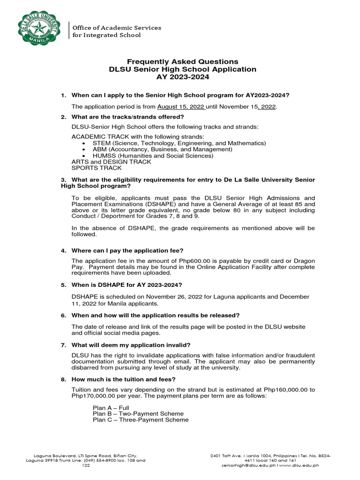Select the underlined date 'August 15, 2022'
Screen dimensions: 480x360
(x=180, y=107)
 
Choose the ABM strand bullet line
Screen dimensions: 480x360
(x=162, y=149)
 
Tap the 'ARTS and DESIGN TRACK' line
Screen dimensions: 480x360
(x=111, y=162)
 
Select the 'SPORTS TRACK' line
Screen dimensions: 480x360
(x=96, y=168)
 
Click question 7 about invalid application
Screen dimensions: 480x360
(x=131, y=345)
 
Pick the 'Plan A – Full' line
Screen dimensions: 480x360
(x=111, y=408)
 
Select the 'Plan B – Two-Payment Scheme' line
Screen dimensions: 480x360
(x=138, y=414)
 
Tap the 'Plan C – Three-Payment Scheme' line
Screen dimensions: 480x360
(x=141, y=420)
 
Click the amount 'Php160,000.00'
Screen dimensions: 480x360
(x=283, y=390)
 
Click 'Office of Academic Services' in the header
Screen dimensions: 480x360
(x=116, y=28)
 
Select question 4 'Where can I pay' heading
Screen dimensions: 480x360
(x=127, y=251)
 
